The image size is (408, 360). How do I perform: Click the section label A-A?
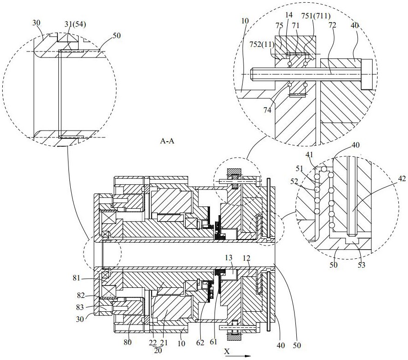coord(167,141)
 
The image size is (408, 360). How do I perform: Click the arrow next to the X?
coord(238,356)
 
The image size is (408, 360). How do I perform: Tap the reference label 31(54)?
coord(75,24)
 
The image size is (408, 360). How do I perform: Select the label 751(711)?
coord(316,16)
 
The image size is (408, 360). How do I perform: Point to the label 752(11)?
coord(262,45)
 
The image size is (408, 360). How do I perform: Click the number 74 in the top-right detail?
coord(267,110)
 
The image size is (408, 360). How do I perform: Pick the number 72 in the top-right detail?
coord(332,25)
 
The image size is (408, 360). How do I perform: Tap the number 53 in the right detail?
coord(362,265)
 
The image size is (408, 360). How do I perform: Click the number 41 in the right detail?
coord(309,155)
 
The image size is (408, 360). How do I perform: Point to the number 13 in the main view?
coord(229,257)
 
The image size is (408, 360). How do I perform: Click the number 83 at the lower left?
coord(79,307)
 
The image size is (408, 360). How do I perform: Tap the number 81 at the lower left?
coord(76,278)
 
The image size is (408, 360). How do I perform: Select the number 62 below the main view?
coord(200,343)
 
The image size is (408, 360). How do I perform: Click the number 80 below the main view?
coord(128,342)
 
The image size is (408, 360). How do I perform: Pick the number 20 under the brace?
coord(158,350)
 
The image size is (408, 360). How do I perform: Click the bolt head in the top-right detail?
coord(367,74)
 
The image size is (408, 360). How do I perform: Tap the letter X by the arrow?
coord(227,351)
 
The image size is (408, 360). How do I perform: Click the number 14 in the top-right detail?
coord(289,15)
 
